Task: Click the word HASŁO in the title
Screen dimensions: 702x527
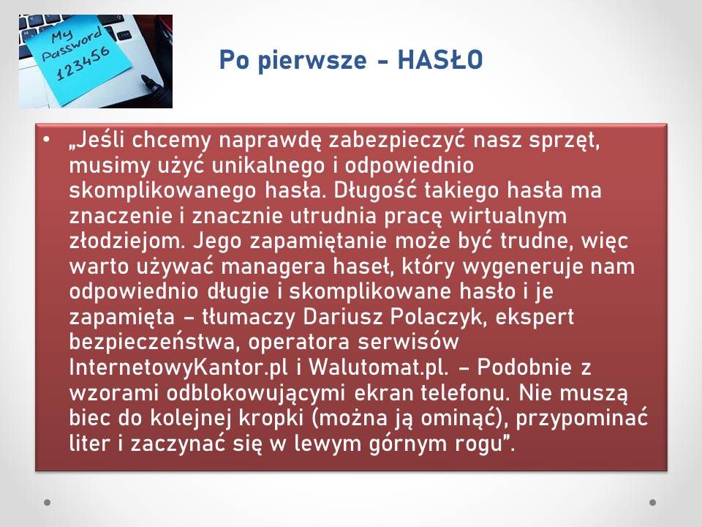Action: click(x=440, y=60)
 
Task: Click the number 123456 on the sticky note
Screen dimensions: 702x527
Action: click(x=83, y=64)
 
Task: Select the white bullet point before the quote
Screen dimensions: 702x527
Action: click(x=47, y=140)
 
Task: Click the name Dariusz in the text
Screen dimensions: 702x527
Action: click(x=342, y=316)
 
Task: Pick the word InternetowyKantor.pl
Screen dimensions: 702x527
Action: click(x=178, y=367)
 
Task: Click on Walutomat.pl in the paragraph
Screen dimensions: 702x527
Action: click(x=378, y=367)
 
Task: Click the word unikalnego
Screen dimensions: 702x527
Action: click(x=268, y=165)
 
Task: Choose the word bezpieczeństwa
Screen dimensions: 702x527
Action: click(x=152, y=343)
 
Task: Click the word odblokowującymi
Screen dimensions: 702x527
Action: click(x=256, y=393)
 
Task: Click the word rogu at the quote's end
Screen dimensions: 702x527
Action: click(x=486, y=444)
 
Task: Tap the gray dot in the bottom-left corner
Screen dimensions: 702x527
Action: click(x=48, y=502)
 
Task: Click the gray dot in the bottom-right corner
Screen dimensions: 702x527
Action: click(x=653, y=502)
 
